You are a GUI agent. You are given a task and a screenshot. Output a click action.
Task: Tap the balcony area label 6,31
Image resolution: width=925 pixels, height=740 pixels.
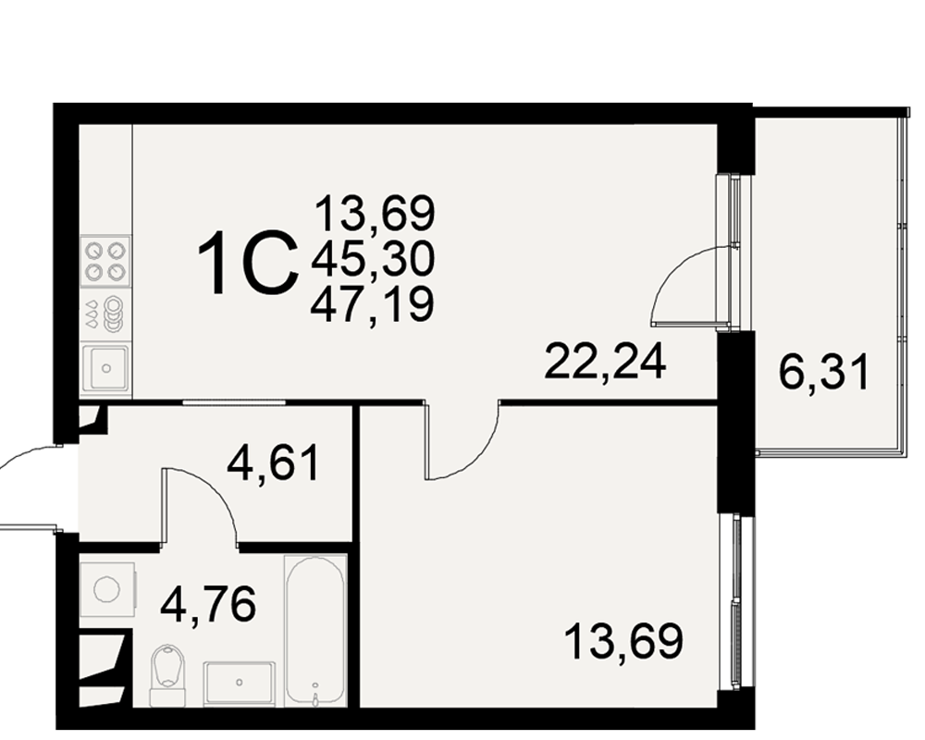[x=824, y=373]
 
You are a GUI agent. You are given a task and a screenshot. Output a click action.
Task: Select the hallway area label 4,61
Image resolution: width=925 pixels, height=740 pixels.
[x=274, y=463]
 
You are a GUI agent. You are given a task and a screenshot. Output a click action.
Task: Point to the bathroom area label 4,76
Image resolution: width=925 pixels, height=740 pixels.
[x=209, y=604]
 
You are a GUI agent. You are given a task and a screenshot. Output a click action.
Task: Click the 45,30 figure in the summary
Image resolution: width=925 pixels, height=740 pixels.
[x=373, y=260]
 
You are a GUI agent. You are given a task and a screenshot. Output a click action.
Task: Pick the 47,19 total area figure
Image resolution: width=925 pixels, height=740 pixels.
[x=373, y=305]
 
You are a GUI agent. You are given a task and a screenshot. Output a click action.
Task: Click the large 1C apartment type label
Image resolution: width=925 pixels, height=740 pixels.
[x=248, y=263]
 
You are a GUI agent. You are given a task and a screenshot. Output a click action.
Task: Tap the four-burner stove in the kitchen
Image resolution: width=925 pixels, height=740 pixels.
[x=105, y=262]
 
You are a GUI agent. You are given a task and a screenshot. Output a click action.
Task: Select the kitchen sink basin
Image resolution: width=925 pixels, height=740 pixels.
[x=105, y=368]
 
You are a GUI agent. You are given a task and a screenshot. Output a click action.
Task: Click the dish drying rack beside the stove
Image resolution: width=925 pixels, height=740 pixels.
[x=105, y=314]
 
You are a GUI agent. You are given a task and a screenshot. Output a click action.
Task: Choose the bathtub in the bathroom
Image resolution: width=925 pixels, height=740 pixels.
[x=315, y=630]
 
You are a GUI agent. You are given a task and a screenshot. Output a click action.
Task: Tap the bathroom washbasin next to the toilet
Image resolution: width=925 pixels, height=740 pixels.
[x=239, y=684]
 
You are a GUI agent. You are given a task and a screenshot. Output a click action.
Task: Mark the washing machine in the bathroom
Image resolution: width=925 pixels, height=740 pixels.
[x=108, y=589]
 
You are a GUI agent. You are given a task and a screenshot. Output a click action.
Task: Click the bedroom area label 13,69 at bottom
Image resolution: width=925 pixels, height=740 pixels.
[x=623, y=641]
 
